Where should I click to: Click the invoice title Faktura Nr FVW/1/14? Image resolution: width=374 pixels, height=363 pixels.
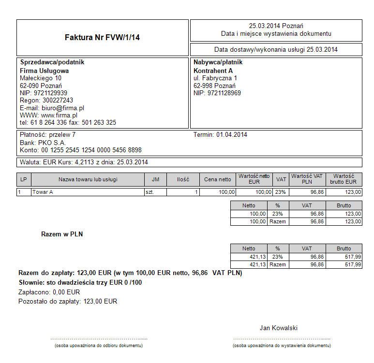tap(102, 37)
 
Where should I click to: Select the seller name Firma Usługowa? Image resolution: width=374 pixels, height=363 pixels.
tap(44, 71)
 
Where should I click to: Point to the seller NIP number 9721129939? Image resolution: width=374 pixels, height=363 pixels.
tap(50, 93)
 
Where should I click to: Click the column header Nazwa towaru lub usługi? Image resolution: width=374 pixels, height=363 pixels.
tap(88, 179)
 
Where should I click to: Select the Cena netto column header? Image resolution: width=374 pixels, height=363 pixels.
tap(218, 179)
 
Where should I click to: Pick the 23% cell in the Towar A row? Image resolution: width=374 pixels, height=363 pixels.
tap(281, 192)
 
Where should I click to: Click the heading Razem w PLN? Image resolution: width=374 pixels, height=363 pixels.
tap(62, 234)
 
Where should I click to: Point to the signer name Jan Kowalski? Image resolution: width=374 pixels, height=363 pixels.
tap(279, 328)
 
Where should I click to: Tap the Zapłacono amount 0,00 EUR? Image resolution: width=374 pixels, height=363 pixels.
tap(66, 292)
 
